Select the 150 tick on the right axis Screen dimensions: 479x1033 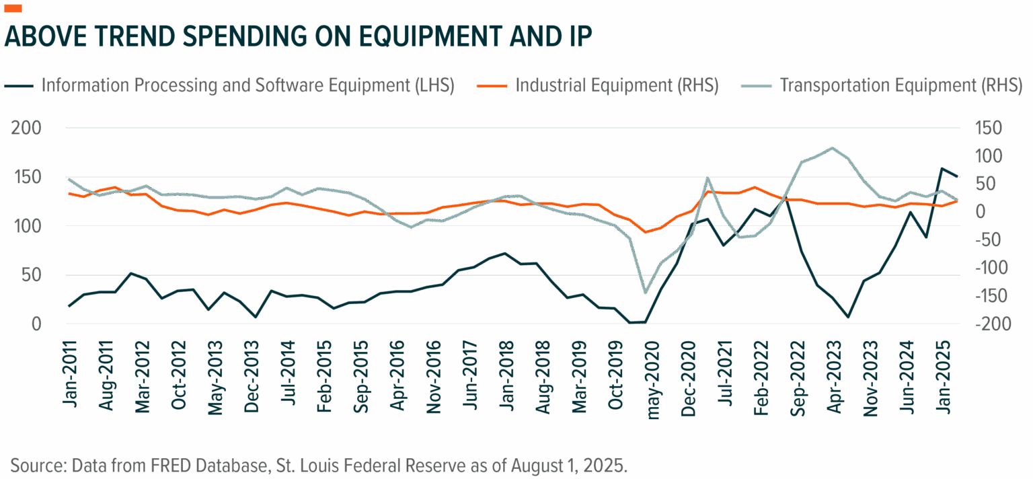pos(983,128)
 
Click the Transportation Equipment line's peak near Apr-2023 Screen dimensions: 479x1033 pos(833,147)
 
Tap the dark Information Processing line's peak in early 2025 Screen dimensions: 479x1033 pos(943,168)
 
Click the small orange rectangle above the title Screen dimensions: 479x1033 pos(13,8)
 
